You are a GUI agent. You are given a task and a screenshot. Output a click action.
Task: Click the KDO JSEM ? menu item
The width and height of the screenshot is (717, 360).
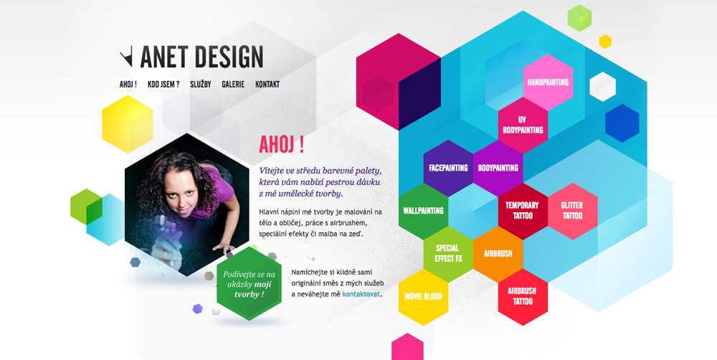(163, 84)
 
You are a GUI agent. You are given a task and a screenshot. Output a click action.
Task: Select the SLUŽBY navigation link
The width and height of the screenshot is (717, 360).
(200, 84)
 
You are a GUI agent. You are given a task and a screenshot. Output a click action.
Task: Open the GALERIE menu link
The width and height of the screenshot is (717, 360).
(233, 84)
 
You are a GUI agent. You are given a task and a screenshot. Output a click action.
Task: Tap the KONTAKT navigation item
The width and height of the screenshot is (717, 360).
(267, 84)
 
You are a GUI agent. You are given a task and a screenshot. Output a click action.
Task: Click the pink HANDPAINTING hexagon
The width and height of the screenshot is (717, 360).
(548, 82)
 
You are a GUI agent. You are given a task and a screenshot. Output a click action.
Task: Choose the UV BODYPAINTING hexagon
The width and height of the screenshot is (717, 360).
(523, 125)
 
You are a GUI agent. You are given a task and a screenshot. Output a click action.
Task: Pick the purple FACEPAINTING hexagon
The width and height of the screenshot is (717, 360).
(448, 168)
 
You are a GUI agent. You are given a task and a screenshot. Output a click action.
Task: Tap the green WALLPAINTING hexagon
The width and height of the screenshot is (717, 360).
(424, 211)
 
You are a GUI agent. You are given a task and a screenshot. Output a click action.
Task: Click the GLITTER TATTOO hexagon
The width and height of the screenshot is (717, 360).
(572, 211)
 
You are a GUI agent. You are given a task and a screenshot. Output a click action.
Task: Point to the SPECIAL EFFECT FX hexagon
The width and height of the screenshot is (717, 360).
(448, 254)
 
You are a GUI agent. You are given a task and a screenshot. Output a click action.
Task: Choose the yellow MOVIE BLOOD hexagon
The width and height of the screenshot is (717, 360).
(424, 297)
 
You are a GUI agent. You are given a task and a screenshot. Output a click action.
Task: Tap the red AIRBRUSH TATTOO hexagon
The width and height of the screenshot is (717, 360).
(523, 297)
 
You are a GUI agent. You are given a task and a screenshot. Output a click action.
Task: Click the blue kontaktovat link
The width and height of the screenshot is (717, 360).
(361, 294)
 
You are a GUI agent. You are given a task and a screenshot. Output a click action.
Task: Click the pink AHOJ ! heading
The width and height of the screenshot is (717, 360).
(281, 145)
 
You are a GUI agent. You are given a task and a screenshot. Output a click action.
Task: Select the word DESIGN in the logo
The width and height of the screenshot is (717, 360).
(229, 57)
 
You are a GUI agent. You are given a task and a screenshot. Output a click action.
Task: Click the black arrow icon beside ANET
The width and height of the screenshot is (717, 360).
(126, 56)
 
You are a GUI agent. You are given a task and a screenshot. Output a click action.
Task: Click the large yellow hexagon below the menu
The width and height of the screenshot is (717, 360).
(128, 124)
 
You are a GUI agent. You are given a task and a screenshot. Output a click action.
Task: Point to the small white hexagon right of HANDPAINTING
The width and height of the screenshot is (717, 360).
(603, 87)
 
